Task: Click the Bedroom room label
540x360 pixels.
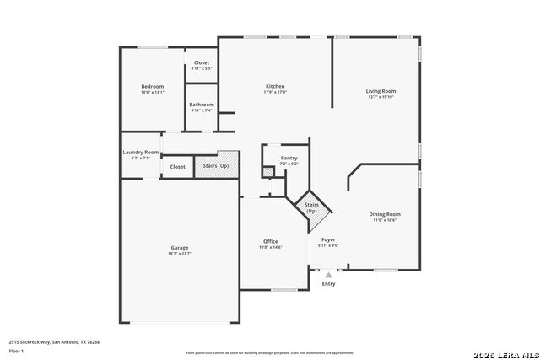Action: [x=153, y=87]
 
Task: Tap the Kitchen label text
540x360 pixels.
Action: [x=275, y=86]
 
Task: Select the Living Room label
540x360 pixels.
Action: [x=381, y=91]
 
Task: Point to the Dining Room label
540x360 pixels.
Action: [x=384, y=214]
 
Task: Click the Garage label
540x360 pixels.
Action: [x=179, y=248]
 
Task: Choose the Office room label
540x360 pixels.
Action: [x=270, y=242]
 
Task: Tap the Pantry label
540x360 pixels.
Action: [x=289, y=158]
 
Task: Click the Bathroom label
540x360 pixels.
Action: [x=202, y=105]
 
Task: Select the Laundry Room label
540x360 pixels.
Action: [x=140, y=152]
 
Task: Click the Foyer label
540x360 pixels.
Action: [x=328, y=240]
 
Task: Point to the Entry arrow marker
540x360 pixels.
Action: [x=328, y=274]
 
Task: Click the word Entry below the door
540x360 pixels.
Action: [x=328, y=283]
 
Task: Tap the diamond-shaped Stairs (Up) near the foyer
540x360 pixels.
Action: [x=311, y=207]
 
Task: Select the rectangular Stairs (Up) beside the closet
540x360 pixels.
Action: [x=216, y=166]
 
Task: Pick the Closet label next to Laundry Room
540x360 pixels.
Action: [x=177, y=167]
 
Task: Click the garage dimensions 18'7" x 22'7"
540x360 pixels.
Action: [x=179, y=254]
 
